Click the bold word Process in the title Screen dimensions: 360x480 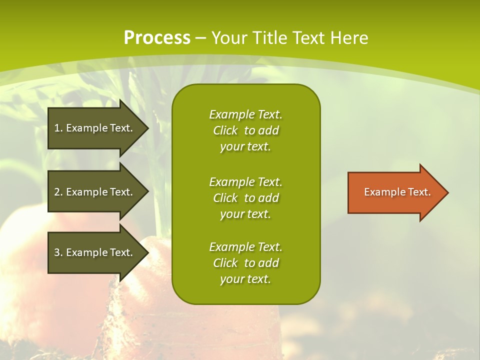(157, 38)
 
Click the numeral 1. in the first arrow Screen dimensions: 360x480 (58, 128)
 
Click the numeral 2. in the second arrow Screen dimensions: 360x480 (58, 192)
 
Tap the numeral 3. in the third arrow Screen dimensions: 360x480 (58, 252)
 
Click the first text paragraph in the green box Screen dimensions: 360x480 (245, 130)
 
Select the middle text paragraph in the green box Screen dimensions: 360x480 (245, 198)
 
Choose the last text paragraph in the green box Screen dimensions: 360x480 (245, 263)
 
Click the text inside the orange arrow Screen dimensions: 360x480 (397, 192)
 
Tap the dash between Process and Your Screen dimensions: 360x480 (200, 38)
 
